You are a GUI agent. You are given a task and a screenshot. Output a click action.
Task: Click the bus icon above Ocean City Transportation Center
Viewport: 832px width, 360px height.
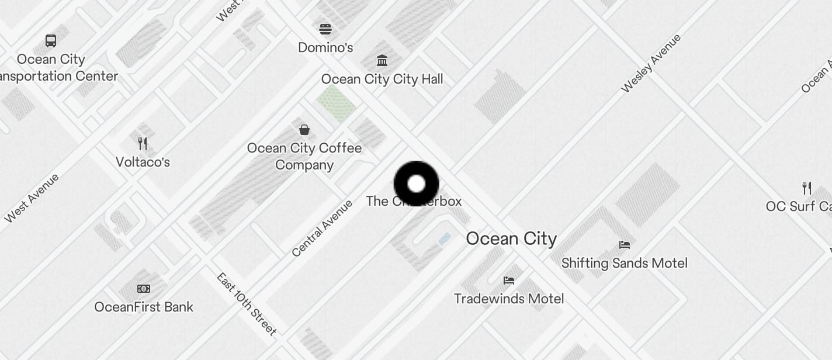51,41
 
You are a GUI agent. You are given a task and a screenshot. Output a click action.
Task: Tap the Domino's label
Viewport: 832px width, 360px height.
325,47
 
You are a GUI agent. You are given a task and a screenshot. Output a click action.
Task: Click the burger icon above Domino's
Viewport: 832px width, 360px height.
325,29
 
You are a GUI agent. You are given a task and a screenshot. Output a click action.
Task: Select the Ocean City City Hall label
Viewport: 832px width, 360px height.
382,79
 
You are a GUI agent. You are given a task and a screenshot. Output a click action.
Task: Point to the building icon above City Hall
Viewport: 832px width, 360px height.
382,60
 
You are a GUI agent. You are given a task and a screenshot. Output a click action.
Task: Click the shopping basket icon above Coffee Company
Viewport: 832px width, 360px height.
304,129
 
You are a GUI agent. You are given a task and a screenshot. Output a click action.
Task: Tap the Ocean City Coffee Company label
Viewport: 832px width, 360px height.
304,156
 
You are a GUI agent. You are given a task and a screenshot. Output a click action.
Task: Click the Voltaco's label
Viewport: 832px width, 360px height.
143,162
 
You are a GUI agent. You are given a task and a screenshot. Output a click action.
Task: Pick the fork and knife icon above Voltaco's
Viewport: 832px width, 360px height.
143,143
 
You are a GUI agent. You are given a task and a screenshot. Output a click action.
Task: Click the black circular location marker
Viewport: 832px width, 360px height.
416,184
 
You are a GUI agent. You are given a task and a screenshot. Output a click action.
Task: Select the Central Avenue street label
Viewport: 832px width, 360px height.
322,228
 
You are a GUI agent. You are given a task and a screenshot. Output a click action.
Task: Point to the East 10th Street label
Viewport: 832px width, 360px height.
246,304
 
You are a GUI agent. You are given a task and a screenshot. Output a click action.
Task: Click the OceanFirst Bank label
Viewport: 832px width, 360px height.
144,307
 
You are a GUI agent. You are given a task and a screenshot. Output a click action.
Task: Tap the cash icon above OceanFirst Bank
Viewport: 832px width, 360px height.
144,288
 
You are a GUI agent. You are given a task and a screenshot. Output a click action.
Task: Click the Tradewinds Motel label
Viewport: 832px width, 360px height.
509,299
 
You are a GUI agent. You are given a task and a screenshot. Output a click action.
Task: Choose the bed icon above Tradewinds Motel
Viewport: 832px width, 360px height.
509,281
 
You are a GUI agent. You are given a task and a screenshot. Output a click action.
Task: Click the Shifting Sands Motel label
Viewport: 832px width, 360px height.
624,263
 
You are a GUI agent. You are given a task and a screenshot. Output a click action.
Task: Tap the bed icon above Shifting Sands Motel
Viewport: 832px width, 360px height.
625,244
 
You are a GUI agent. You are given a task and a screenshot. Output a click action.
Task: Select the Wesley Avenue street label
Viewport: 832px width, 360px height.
651,63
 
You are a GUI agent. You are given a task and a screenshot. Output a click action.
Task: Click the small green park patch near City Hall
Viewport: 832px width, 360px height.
336,103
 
